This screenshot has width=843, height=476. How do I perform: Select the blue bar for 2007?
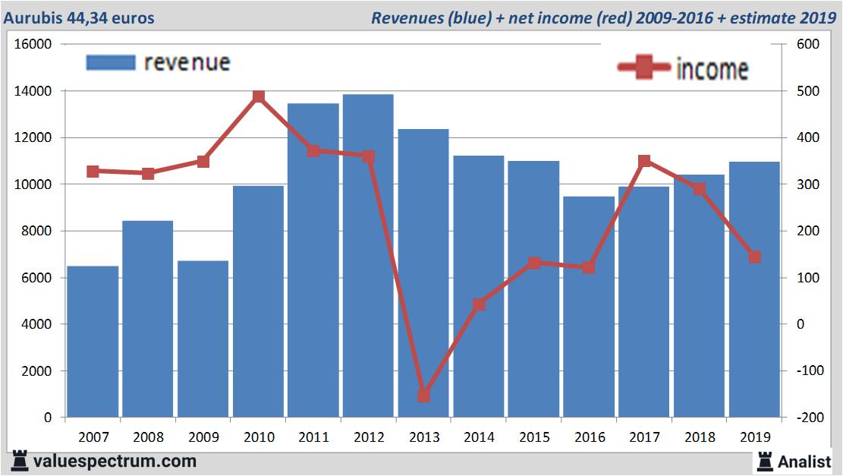point(93,342)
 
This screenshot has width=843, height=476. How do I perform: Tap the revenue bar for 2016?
point(589,307)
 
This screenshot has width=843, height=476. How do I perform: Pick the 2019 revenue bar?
point(754,289)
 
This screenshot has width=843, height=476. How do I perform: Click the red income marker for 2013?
point(423,396)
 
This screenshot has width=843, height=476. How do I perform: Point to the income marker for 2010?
point(259,96)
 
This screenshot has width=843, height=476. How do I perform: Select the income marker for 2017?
point(644,161)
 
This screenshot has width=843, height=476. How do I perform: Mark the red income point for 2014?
point(479,304)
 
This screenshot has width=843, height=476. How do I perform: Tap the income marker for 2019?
point(754,257)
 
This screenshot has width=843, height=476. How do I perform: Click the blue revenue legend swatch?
point(111,62)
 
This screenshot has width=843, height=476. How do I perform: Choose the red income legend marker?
point(644,68)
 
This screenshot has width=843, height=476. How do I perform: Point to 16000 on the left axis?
point(33,45)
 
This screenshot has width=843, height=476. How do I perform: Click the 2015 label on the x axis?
point(534,437)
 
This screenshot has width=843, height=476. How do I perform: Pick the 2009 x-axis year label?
point(203,437)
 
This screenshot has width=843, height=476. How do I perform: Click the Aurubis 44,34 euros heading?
point(78,17)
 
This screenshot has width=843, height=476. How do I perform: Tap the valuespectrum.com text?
point(114,461)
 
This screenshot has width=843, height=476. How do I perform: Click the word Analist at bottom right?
point(805,461)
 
